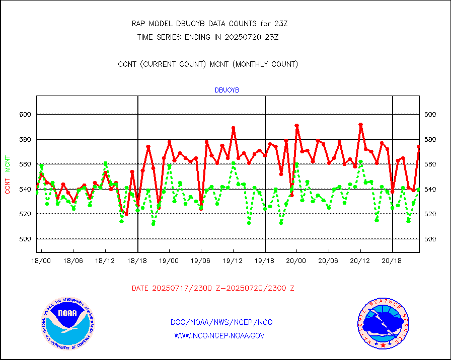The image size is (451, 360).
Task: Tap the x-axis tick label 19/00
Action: click(169, 261)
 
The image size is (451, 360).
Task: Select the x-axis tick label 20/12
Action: click(360, 261)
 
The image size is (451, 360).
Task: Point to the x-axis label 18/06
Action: click(73, 261)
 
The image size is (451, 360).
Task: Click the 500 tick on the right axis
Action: click(430, 239)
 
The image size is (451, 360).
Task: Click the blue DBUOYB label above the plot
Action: click(227, 91)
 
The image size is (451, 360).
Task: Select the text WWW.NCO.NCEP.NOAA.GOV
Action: click(219, 335)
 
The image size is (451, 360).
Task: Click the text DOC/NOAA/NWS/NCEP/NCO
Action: click(221, 322)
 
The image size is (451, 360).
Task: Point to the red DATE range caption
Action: click(213, 288)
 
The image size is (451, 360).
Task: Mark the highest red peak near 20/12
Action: click(360, 124)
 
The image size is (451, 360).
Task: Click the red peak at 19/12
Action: click(233, 128)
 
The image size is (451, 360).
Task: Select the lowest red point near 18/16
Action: click(126, 214)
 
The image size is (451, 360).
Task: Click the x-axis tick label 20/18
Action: click(392, 261)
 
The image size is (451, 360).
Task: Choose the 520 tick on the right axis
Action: click(430, 214)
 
